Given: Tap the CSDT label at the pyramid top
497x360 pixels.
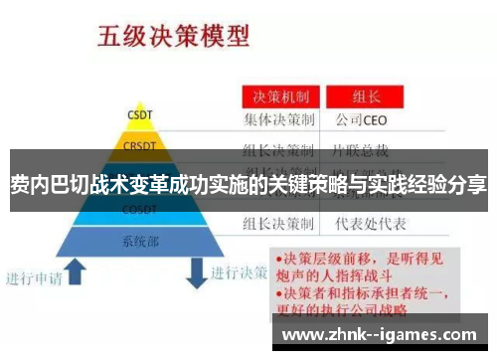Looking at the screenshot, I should pos(139,115).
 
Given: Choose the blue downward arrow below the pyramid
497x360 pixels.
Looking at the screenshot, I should pos(197,270).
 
